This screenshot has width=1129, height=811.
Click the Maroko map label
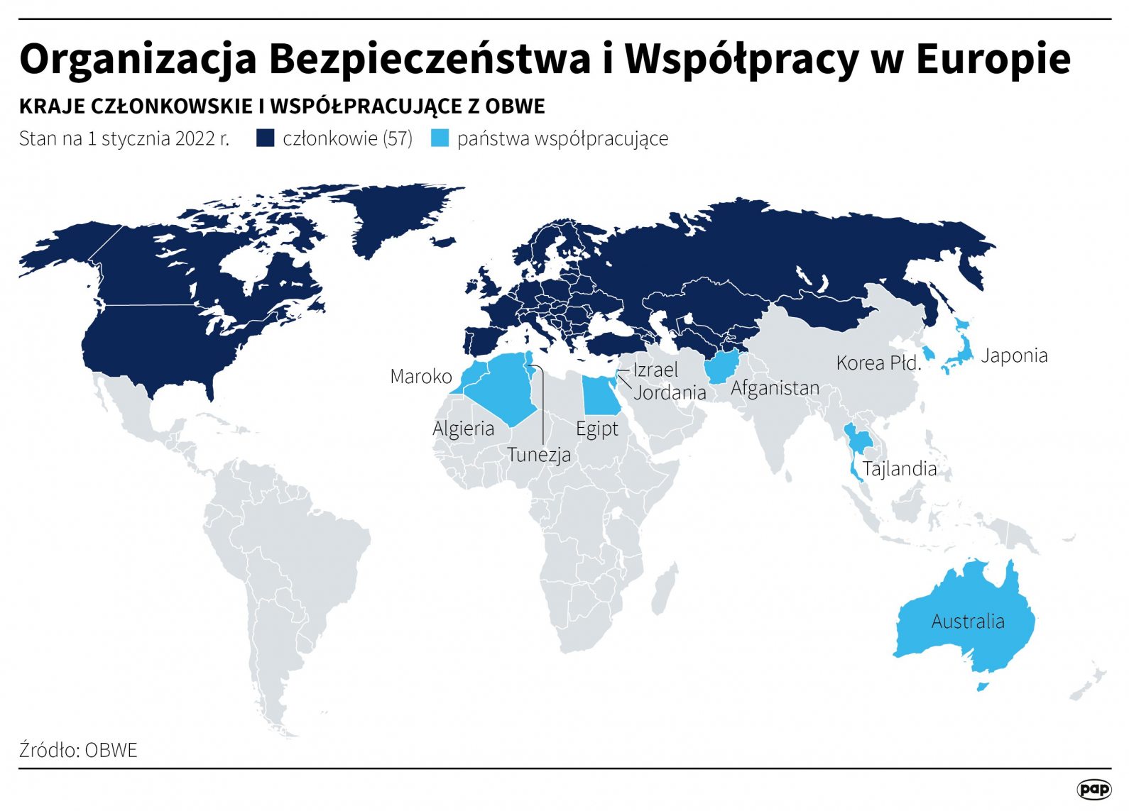coord(420,376)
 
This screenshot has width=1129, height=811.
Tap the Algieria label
coord(463,429)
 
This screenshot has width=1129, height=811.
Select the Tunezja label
coord(538,454)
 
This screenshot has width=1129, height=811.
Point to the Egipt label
coord(596,429)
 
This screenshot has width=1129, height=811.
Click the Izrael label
coord(655,370)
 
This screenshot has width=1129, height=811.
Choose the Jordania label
coord(670,392)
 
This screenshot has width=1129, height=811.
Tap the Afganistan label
coord(775,388)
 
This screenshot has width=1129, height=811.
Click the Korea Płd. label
coord(878,363)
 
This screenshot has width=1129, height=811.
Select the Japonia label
coord(1013,355)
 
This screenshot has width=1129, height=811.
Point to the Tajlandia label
coord(899,469)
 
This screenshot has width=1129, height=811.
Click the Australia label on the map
coord(967,622)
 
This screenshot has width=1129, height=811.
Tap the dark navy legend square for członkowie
coord(266,138)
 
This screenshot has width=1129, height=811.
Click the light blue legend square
coord(440,138)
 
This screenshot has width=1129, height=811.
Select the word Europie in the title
coord(993,59)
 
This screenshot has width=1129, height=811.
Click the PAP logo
coord(1093,789)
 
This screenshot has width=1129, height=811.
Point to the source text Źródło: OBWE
coord(78,750)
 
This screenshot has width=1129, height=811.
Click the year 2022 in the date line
coord(195,138)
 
